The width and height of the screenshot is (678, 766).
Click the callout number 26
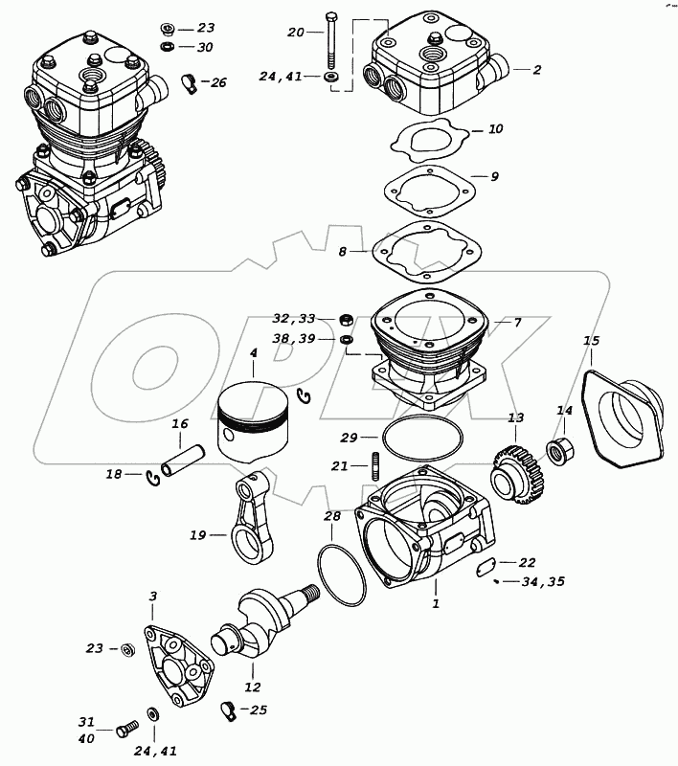tap(218, 83)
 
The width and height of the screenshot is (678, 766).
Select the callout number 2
tap(537, 70)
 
